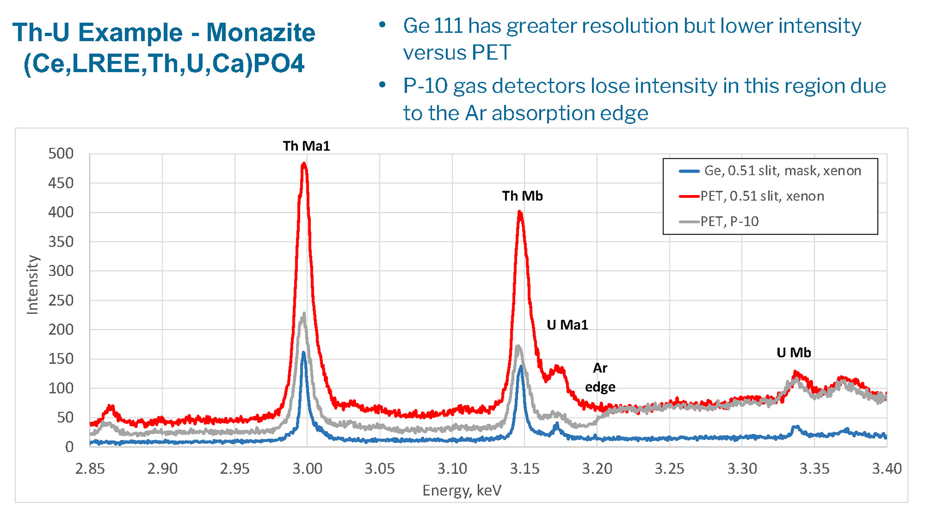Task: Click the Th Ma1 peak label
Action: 306,146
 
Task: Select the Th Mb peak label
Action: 522,196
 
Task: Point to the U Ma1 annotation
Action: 567,325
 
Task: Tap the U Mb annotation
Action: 793,353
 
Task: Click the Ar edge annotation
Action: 600,377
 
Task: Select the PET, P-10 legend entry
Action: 729,221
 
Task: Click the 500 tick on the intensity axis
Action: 61,154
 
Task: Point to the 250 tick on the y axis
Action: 61,300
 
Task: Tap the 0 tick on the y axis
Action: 69,447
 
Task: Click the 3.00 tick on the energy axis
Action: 307,468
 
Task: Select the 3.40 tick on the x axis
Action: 886,468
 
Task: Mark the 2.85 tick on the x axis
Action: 90,468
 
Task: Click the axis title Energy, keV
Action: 462,491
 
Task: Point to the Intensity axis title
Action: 32,285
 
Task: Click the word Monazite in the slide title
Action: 261,33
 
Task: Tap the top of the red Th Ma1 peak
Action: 304,164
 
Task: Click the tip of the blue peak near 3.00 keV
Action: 304,353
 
